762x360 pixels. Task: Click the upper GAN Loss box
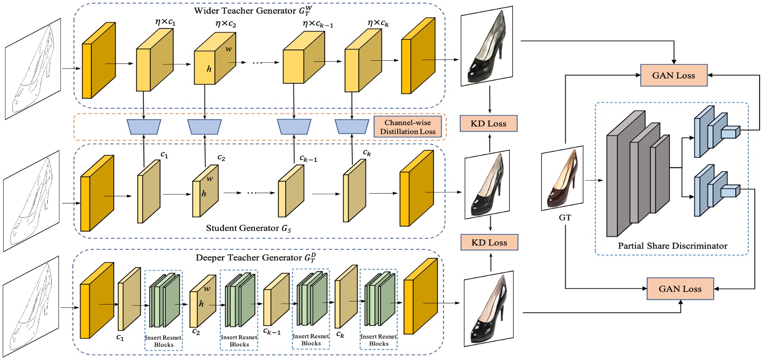point(674,76)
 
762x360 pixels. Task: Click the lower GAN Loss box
point(680,289)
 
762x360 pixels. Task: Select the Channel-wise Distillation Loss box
point(407,127)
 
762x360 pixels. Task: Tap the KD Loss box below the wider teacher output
point(488,123)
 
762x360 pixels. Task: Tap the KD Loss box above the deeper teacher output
point(489,243)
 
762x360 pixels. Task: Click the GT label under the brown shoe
point(565,218)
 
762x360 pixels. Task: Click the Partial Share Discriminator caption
point(672,246)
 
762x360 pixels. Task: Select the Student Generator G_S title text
point(249,228)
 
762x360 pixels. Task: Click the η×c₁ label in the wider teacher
point(165,22)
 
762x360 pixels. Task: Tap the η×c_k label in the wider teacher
point(378,23)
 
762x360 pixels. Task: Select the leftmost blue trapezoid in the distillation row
point(144,127)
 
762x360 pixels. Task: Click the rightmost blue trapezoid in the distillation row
point(352,127)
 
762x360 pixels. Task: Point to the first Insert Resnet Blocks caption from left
point(163,341)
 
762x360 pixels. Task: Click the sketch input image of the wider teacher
point(33,69)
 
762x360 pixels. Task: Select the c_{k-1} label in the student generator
point(308,159)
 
